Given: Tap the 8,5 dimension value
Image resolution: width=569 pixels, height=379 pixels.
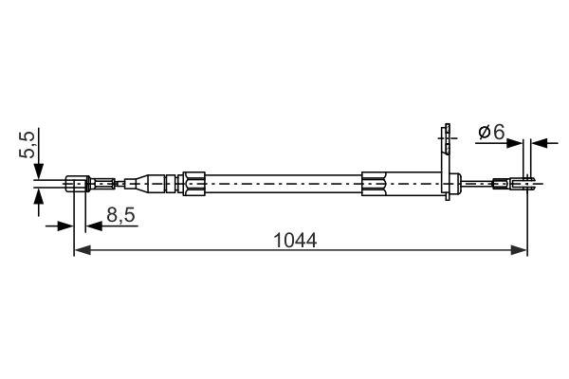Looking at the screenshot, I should coord(119,217).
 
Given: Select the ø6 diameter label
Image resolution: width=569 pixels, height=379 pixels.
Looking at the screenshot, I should coord(490,133).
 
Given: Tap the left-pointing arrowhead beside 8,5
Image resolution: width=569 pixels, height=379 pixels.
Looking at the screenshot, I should coord(92,226).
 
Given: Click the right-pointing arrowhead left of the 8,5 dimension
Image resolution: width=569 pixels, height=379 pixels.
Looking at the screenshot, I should coord(66,226).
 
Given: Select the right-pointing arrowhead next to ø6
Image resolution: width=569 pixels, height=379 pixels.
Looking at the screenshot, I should coord(520,143).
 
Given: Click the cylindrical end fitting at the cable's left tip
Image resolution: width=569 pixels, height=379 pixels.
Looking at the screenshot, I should coord(79,182).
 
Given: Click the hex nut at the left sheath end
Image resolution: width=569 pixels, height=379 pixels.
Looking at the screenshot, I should coord(192,182).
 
